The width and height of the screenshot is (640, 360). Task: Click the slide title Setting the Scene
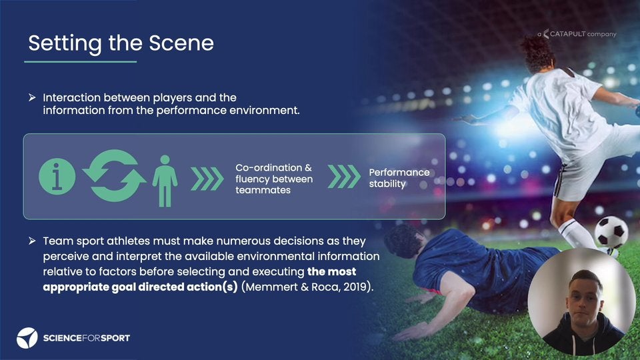pyautogui.click(x=121, y=43)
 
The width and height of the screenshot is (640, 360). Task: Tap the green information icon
pyautogui.click(x=57, y=176)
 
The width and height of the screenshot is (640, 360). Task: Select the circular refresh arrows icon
pyautogui.click(x=114, y=175)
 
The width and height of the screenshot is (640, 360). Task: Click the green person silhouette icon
pyautogui.click(x=165, y=181)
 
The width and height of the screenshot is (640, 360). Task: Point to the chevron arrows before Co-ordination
pyautogui.click(x=207, y=179)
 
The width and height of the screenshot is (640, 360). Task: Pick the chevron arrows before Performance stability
pyautogui.click(x=344, y=176)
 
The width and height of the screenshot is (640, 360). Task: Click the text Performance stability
pyautogui.click(x=399, y=178)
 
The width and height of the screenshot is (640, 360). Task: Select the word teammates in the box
pyautogui.click(x=263, y=190)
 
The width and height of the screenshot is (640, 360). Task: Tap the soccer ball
pyautogui.click(x=611, y=232)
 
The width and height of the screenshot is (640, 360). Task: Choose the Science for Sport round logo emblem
pyautogui.click(x=27, y=338)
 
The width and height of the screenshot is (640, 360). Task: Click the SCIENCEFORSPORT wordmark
pyautogui.click(x=87, y=338)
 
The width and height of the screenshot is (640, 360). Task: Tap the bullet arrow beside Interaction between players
pyautogui.click(x=32, y=97)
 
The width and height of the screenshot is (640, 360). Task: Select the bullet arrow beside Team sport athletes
pyautogui.click(x=32, y=241)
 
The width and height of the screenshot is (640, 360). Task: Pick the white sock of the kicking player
pyautogui.click(x=573, y=232)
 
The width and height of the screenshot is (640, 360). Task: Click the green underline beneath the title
pyautogui.click(x=81, y=61)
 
